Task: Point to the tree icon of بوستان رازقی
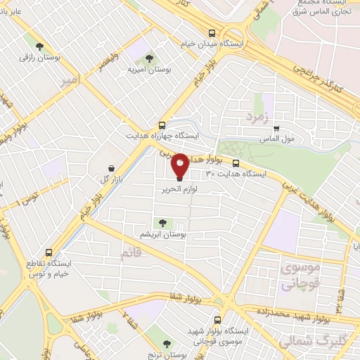(x=49, y=44)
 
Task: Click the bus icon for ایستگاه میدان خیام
(x=212, y=32)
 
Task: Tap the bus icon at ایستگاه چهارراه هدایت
(x=162, y=123)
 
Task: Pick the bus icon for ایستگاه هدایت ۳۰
(x=236, y=164)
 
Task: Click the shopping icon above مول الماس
(x=276, y=128)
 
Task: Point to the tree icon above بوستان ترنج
(x=167, y=343)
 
